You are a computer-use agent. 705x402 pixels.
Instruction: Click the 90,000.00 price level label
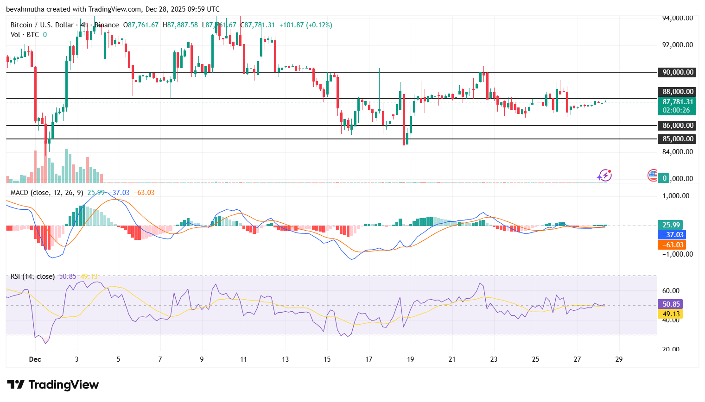pos(677,72)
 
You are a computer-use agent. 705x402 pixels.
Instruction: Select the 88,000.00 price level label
pos(677,92)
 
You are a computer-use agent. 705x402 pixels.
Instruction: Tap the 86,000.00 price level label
pos(677,126)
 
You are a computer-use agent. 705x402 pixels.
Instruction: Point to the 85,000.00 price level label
pos(677,139)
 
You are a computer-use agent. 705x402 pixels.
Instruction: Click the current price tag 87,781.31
pos(677,102)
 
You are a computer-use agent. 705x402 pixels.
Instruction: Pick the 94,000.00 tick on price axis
pos(677,18)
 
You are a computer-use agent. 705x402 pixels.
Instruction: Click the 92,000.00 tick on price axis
pos(677,45)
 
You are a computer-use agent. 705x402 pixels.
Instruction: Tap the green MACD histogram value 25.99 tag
pos(671,225)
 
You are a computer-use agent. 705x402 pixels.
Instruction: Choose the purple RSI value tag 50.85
pos(671,304)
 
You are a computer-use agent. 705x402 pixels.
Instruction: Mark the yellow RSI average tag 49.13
pos(671,314)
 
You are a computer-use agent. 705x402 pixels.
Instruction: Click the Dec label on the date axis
pos(35,359)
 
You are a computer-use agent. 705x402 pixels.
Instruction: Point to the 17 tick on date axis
pos(368,359)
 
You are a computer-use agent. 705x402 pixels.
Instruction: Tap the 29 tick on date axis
pos(619,359)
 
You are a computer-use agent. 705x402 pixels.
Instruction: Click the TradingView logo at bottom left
pos(53,385)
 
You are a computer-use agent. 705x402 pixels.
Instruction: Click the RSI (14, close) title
pos(32,276)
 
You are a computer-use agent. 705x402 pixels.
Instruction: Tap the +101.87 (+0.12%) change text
pos(305,25)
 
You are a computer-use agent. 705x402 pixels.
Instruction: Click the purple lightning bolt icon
pos(604,176)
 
